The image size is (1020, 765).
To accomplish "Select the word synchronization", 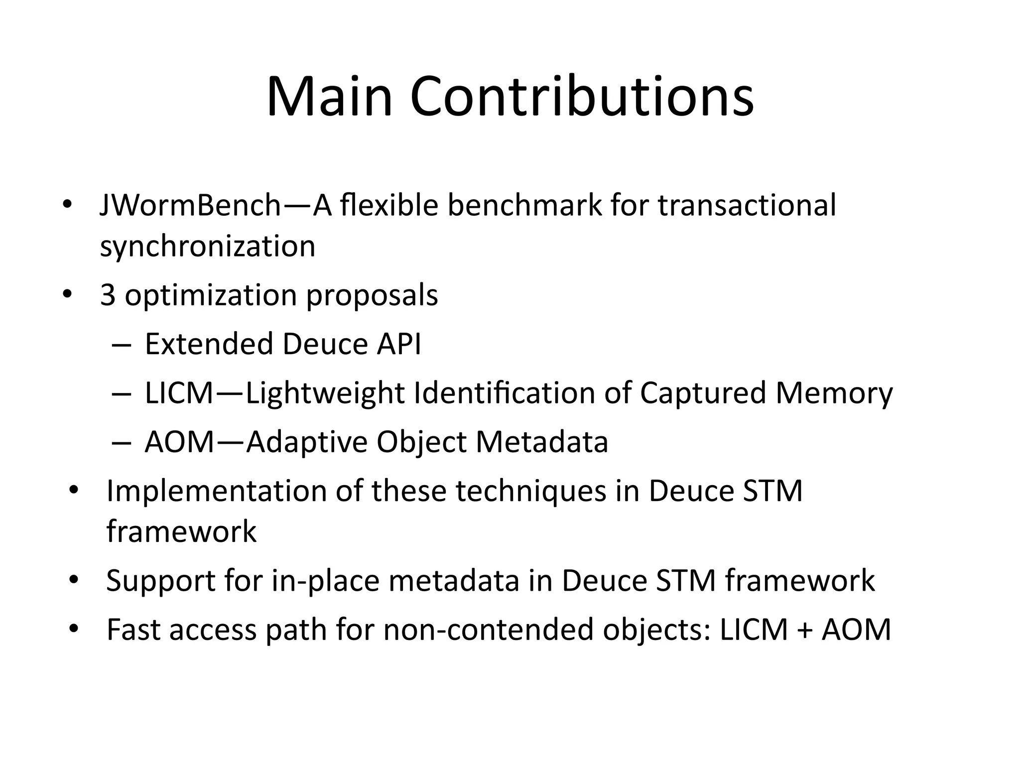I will [x=208, y=246].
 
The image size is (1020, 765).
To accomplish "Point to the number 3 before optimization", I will [x=108, y=295].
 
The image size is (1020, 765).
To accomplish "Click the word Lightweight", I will [x=325, y=393].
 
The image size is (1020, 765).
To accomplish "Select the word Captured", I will [x=703, y=393].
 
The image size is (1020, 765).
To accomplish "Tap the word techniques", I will [x=531, y=491].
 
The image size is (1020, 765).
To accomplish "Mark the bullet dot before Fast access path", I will [x=74, y=629].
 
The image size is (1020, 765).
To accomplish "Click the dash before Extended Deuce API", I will [x=122, y=345].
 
